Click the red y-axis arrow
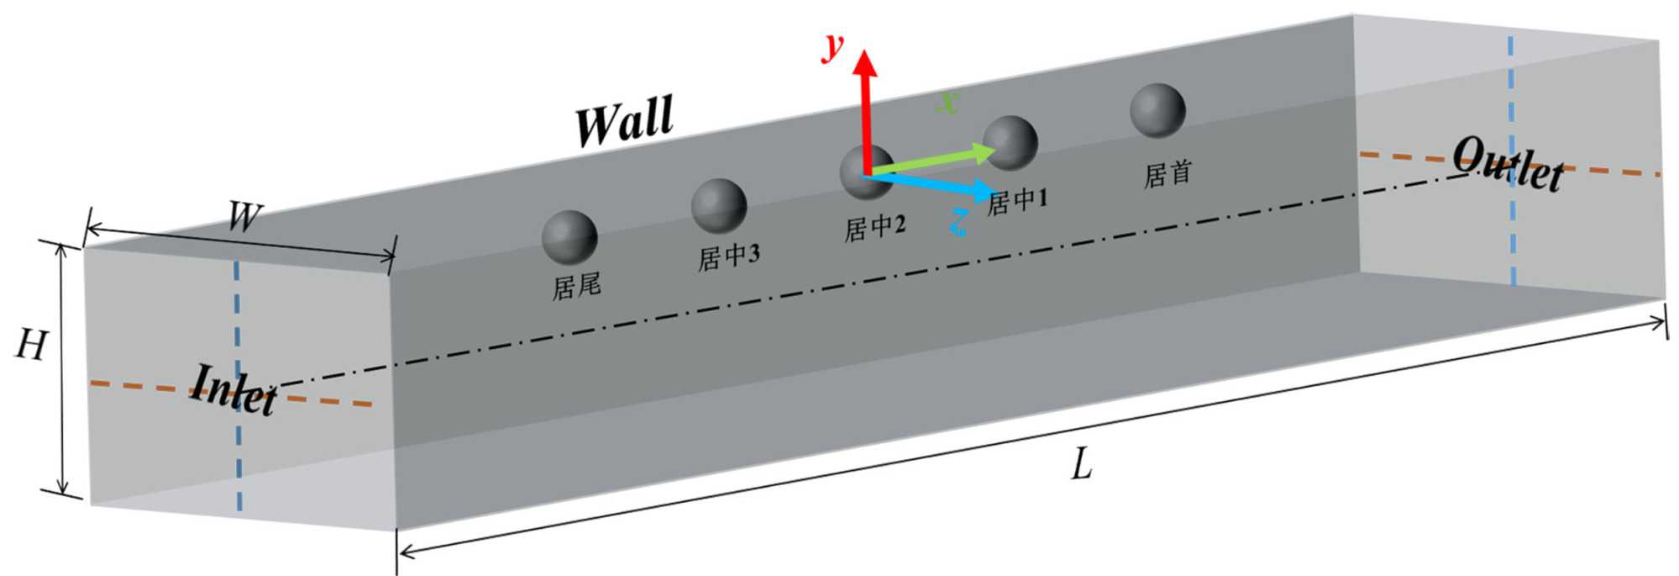(x=865, y=109)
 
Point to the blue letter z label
(x=958, y=222)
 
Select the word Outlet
(x=1508, y=166)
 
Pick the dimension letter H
(x=30, y=345)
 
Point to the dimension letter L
(x=1082, y=464)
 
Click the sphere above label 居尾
(x=569, y=237)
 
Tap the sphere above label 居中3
(x=719, y=205)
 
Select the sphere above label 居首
(x=1157, y=110)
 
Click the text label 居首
(x=1167, y=174)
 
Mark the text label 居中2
(x=874, y=228)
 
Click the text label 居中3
(x=728, y=256)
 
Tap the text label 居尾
(x=576, y=287)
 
